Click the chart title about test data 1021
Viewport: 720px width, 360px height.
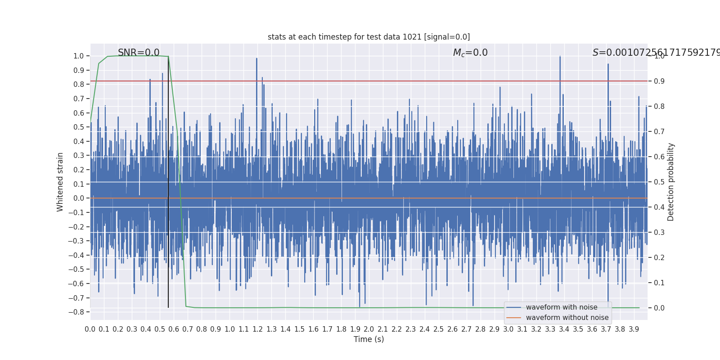click(369, 37)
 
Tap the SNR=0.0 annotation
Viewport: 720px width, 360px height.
click(139, 53)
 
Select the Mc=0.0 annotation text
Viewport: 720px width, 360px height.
click(470, 53)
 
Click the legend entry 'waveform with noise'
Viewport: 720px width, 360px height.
click(561, 307)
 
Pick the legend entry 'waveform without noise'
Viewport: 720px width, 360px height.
click(567, 318)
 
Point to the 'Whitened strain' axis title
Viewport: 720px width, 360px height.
click(60, 182)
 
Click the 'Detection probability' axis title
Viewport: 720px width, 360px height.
click(671, 182)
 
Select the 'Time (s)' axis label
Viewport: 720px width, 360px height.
click(369, 339)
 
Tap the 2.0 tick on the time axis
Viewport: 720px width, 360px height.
click(369, 329)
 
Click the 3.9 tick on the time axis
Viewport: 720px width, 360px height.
click(634, 329)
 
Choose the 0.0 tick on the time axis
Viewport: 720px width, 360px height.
click(90, 329)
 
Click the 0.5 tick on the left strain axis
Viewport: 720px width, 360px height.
click(79, 127)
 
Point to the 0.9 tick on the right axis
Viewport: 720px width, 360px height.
click(659, 81)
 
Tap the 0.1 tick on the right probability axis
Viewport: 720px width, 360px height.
click(659, 283)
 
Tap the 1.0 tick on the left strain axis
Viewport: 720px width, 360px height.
click(79, 56)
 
